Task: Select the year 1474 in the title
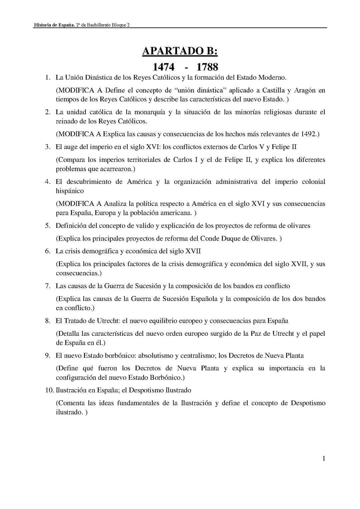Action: pyautogui.click(x=163, y=67)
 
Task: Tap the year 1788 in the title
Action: pyautogui.click(x=207, y=67)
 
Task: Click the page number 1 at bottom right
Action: pyautogui.click(x=323, y=459)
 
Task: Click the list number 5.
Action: pyautogui.click(x=48, y=226)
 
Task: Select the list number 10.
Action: pyautogui.click(x=49, y=390)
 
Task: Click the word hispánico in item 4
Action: pyautogui.click(x=70, y=191)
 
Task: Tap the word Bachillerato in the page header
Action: pyautogui.click(x=98, y=25)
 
